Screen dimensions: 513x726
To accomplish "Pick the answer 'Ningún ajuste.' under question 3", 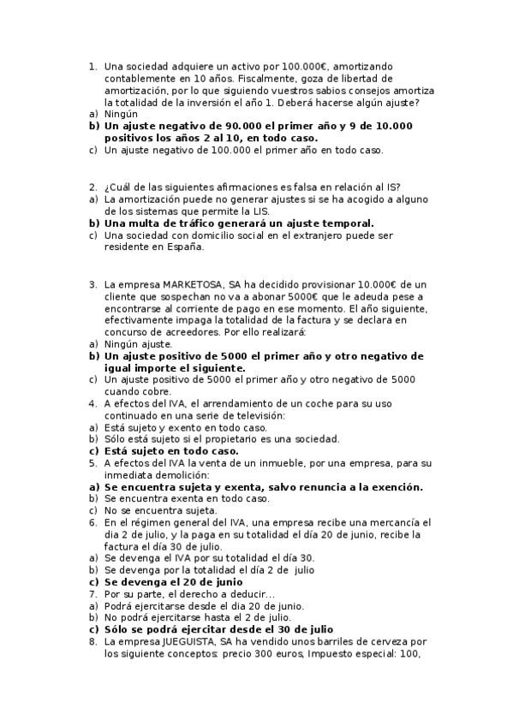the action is coord(137,343).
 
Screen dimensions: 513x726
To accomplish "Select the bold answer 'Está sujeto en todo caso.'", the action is coord(171,451).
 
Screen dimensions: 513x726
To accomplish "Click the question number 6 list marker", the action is coord(92,523).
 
